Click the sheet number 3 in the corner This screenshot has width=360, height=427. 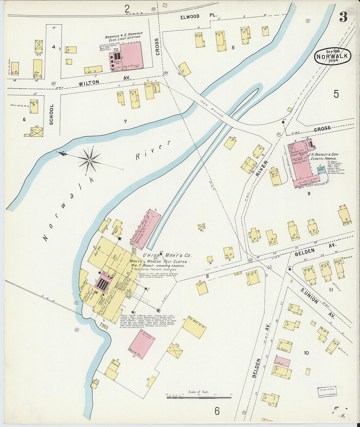[343, 17]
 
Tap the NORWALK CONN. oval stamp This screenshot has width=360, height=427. [333, 56]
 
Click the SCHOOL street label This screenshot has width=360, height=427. [51, 115]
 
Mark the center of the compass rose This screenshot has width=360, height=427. [89, 160]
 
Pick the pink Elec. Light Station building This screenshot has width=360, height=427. [131, 56]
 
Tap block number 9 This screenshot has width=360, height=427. [308, 194]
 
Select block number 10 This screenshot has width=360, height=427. [306, 353]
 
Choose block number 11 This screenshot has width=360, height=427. [331, 290]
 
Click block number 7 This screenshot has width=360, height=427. [125, 122]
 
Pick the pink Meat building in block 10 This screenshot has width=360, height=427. [282, 362]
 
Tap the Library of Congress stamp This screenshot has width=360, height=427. [327, 392]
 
